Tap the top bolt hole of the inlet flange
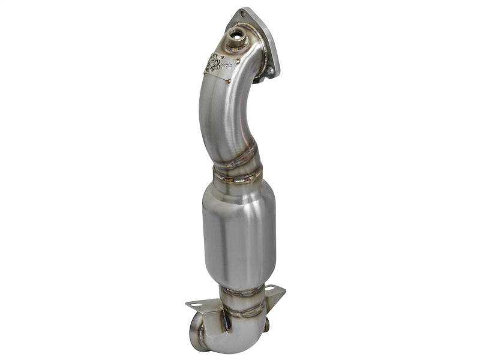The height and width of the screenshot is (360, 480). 242,13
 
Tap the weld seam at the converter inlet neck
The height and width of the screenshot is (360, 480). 238,175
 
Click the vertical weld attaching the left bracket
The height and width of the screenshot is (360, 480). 227,321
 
